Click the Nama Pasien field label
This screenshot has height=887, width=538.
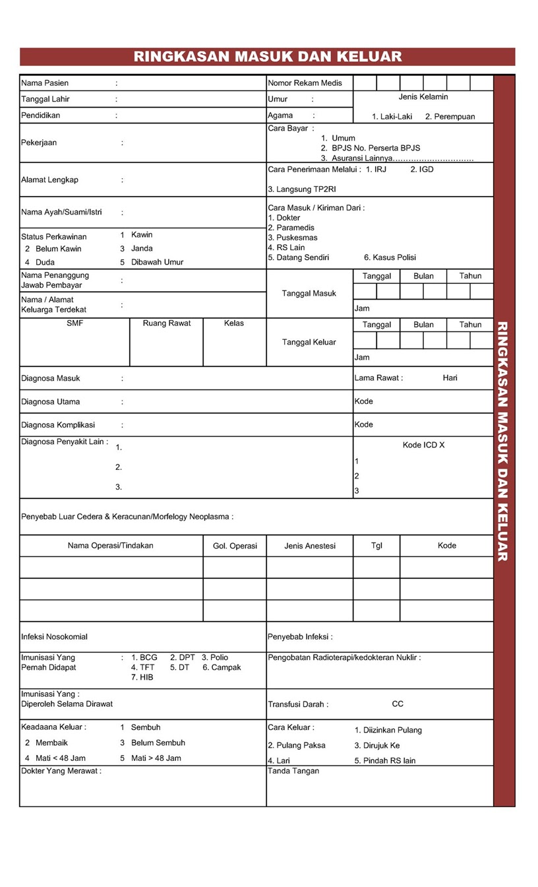click(x=45, y=83)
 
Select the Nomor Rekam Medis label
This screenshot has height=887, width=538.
click(x=305, y=83)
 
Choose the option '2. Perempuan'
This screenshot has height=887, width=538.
click(x=450, y=117)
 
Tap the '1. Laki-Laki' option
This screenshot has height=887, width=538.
click(x=392, y=117)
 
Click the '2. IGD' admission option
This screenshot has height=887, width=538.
click(x=422, y=170)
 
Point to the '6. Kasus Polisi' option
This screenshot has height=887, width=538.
click(x=390, y=257)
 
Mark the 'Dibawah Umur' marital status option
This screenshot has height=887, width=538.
click(x=157, y=262)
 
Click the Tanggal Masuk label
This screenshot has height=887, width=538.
click(x=309, y=293)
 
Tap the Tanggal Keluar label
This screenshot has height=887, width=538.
click(x=309, y=342)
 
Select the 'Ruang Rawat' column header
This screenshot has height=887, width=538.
click(x=167, y=323)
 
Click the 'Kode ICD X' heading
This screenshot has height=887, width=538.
click(x=423, y=445)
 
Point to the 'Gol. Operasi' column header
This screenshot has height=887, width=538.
click(x=235, y=546)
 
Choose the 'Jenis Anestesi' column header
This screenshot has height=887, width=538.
click(x=310, y=546)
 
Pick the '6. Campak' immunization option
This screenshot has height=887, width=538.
click(x=222, y=667)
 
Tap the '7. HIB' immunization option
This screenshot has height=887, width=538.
click(x=142, y=677)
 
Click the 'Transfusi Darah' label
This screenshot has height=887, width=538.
click(x=298, y=704)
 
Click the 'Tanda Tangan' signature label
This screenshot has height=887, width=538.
click(x=293, y=771)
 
